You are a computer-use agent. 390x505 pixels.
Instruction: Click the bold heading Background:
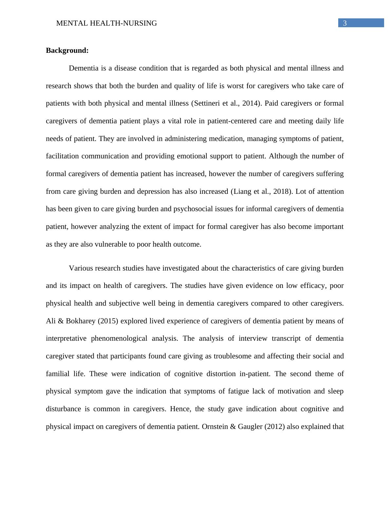point(67,51)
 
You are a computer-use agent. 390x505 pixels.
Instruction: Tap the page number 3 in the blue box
point(345,23)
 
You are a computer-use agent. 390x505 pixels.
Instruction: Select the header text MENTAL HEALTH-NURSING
point(107,23)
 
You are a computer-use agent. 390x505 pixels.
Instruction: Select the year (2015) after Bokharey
point(108,321)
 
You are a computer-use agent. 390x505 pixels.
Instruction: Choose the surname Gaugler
point(250,427)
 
